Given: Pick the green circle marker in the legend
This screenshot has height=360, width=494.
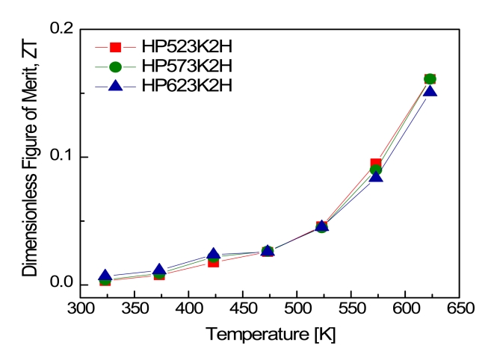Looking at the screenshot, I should [x=114, y=66].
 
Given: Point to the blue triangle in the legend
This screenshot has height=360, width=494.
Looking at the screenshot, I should [x=114, y=85].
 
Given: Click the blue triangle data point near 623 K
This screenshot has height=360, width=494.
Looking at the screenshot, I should [x=430, y=91].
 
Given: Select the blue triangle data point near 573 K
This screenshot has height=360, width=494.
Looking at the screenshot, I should [x=376, y=176].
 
